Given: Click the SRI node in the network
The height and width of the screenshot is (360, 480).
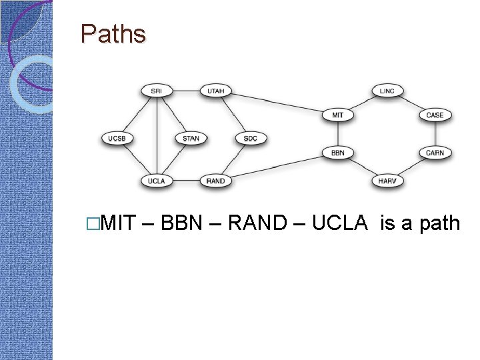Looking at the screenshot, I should click(157, 91).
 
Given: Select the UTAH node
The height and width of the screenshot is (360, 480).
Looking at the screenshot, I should click(216, 91).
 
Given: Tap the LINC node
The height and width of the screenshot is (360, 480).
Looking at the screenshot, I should click(387, 91).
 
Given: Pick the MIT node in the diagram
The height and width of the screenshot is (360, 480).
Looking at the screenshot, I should click(338, 115).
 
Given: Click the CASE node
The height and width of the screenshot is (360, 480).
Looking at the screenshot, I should click(435, 115).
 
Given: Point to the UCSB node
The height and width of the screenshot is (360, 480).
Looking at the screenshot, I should click(117, 139).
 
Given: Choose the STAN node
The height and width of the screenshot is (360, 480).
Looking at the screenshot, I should click(191, 139).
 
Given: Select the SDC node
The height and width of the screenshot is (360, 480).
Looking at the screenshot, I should click(251, 139).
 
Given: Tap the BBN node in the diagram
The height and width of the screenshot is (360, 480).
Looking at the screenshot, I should click(338, 153).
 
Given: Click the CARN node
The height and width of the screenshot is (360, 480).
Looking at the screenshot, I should click(435, 153).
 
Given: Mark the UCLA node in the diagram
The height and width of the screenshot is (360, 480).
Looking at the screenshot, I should click(157, 181).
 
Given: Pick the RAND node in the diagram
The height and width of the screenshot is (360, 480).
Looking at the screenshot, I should click(216, 181).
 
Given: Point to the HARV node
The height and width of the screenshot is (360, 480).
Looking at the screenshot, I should click(387, 181).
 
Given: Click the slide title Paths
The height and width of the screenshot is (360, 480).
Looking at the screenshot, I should click(113, 33).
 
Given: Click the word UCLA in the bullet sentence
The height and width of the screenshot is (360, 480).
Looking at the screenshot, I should click(339, 223).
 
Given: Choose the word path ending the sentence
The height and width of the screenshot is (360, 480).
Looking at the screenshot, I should click(440, 223).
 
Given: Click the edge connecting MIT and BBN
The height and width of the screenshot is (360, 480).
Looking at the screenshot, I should click(338, 133).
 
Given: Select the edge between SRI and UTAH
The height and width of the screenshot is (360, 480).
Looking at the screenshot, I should click(186, 91).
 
